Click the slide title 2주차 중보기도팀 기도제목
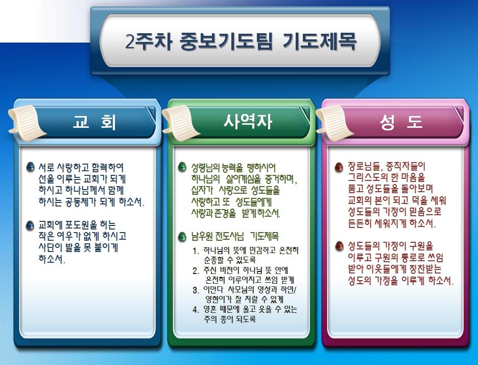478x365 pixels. point(241,41)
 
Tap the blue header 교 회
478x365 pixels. point(94,122)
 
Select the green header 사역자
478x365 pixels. point(247,122)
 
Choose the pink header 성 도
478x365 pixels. point(401,122)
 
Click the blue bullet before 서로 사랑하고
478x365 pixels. point(30,167)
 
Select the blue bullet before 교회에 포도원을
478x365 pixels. point(30,225)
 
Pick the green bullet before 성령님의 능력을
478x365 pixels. point(182,167)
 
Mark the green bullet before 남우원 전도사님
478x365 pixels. point(182,237)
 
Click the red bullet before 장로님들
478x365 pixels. point(339,167)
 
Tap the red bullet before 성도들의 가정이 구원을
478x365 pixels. point(339,246)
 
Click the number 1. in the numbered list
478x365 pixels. point(196,251)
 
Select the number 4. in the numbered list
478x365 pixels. point(196,310)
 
